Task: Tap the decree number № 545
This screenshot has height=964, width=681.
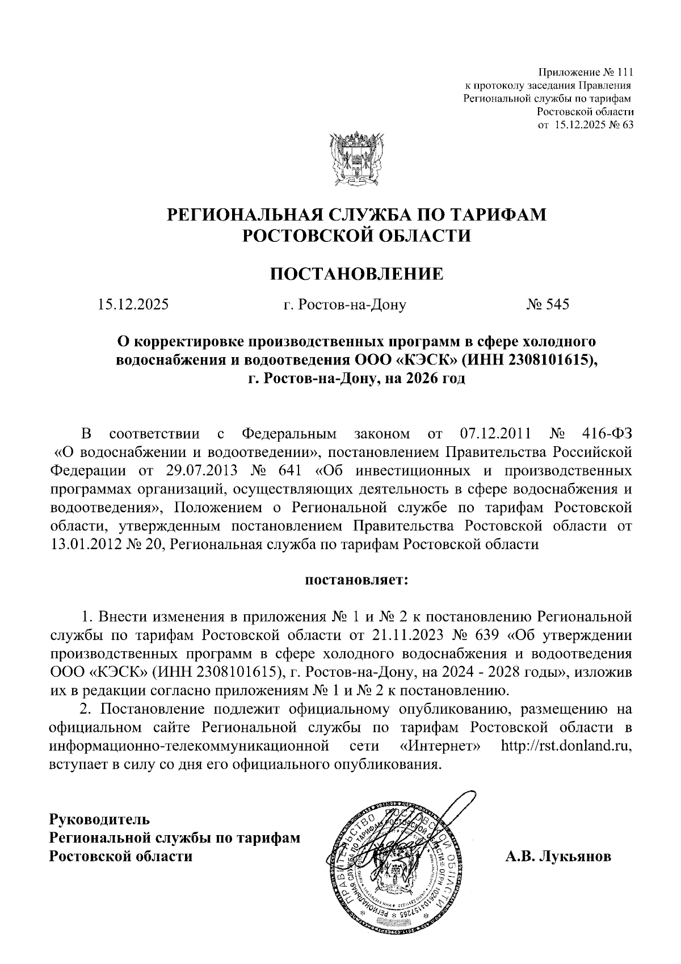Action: pos(547,304)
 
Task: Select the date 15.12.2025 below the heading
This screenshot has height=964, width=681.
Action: pos(133,304)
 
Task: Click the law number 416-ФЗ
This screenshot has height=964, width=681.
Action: pos(607,434)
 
